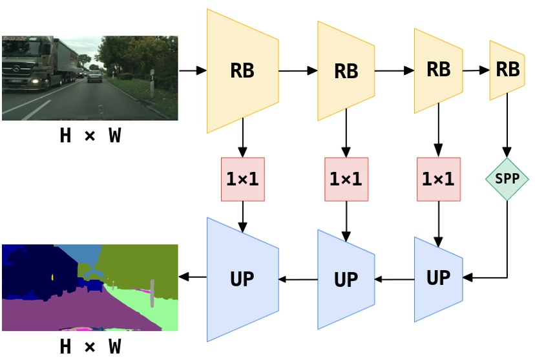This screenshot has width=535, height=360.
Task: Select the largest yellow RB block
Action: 242,70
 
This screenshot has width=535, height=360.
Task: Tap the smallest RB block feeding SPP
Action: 507,70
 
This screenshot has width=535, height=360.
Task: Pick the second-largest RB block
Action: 346,70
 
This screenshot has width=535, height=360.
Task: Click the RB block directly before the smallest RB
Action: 438,70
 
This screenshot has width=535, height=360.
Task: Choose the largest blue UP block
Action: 242,279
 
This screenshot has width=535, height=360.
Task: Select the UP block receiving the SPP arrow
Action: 438,279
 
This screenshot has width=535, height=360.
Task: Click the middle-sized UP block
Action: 346,279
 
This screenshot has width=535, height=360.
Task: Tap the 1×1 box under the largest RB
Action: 242,179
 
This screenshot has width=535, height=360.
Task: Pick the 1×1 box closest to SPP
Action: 439,179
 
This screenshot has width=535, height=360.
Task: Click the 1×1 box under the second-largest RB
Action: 346,179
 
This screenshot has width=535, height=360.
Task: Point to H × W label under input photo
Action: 90,136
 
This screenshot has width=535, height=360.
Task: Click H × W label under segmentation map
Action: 90,347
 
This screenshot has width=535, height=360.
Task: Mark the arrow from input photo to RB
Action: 192,70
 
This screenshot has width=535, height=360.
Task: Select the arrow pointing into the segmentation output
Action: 193,277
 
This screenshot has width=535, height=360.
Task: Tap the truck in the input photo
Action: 39,65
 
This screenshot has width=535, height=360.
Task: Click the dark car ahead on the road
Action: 95,76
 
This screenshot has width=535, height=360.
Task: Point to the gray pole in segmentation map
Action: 152,292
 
